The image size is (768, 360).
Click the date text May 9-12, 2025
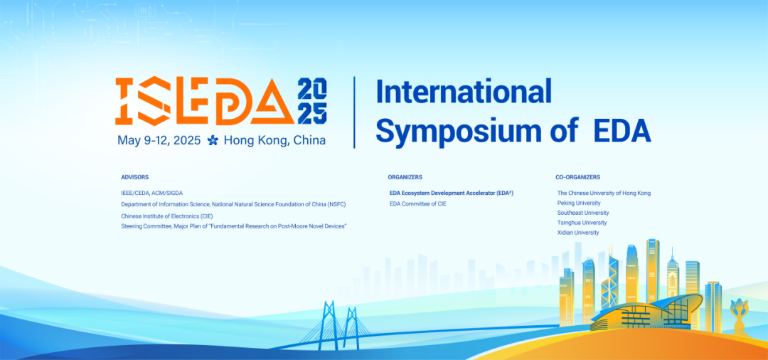[x=159, y=140]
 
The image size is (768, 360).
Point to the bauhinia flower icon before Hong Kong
[x=213, y=141]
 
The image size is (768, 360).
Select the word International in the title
[x=464, y=92]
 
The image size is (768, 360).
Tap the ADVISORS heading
[x=134, y=177]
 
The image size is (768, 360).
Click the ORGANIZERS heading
[x=405, y=177]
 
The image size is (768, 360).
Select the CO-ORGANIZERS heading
[x=577, y=177]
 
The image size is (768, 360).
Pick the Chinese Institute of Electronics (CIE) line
[x=167, y=216]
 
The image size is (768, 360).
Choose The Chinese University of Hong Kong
[x=604, y=193]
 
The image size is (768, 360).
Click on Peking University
[x=579, y=203]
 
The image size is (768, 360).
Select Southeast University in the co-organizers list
[x=583, y=213]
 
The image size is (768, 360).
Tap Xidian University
[x=578, y=233]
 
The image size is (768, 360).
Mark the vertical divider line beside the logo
[x=355, y=112]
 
